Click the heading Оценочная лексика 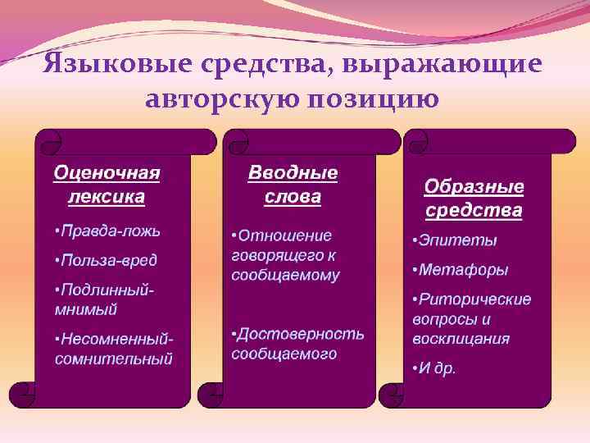pyautogui.click(x=107, y=185)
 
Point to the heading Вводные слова pyautogui.click(x=293, y=185)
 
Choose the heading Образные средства pyautogui.click(x=474, y=199)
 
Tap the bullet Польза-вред pyautogui.click(x=106, y=260)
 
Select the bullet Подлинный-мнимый pyautogui.click(x=105, y=299)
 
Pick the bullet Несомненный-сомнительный pyautogui.click(x=114, y=348)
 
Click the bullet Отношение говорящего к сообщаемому pyautogui.click(x=286, y=255)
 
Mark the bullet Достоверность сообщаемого pyautogui.click(x=297, y=344)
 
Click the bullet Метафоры pyautogui.click(x=461, y=269)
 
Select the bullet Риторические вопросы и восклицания pyautogui.click(x=471, y=318)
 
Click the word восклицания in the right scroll pyautogui.click(x=461, y=338)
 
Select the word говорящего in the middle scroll pyautogui.click(x=273, y=255)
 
